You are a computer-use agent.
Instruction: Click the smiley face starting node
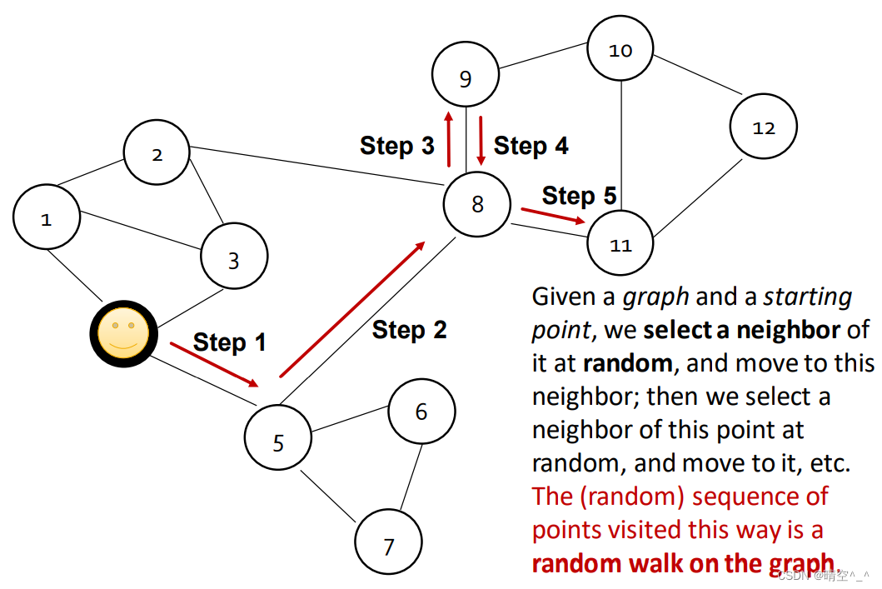coord(123,333)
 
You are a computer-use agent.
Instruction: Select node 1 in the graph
coord(47,218)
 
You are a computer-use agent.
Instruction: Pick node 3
coord(234,260)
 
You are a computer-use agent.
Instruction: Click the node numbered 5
coord(278,441)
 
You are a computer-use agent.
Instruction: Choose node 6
coord(421,411)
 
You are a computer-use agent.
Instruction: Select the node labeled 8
coord(477,204)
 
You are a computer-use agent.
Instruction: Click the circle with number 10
coord(620,49)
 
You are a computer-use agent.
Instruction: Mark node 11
coord(621,245)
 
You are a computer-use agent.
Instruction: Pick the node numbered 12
coord(764,127)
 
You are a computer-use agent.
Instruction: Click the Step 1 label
coord(229,342)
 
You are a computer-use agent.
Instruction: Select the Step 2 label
coord(409,330)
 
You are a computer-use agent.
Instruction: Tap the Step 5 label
coord(579,196)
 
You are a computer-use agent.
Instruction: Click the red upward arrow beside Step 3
coord(449,138)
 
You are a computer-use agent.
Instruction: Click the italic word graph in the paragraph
coord(656,297)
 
